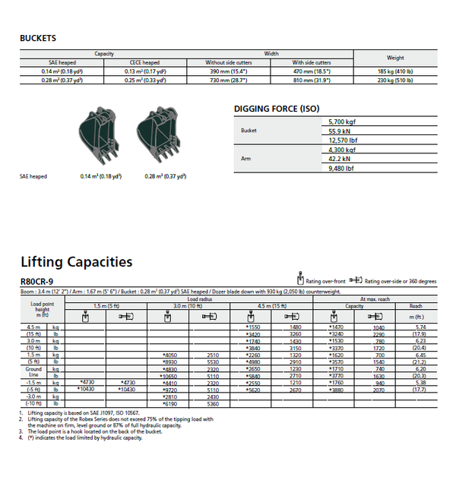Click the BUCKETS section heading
tap(38, 38)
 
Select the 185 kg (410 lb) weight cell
tap(401, 71)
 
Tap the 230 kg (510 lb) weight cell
tap(401, 80)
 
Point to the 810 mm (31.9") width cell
tap(312, 80)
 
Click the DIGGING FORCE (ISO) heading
tap(276, 109)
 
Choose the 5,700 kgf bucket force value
tap(340, 122)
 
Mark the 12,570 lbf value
tap(340, 140)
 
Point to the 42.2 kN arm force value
tap(339, 159)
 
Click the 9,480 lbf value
tap(340, 168)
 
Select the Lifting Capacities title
tap(76, 262)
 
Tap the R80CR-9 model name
tap(36, 282)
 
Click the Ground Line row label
tap(33, 372)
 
